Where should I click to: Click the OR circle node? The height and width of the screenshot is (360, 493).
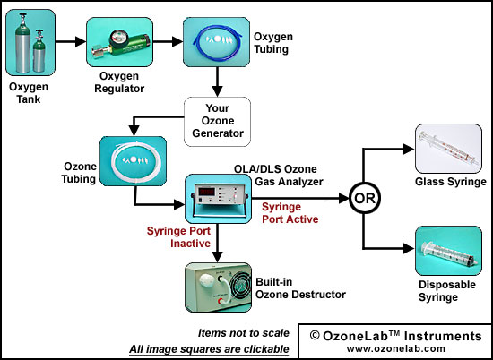coord(365,199)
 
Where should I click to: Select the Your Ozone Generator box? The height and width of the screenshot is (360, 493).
coord(217,122)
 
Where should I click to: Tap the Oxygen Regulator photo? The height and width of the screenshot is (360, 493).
coord(120,42)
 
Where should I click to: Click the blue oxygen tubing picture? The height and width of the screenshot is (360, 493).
coord(217,42)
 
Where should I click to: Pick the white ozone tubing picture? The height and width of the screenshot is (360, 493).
coord(133,161)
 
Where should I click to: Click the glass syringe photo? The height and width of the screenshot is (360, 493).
coord(449,149)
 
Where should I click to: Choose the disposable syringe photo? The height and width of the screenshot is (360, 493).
coord(449,251)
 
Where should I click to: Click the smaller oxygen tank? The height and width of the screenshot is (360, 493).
coord(39,51)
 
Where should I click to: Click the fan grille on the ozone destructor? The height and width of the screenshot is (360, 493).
coord(241,287)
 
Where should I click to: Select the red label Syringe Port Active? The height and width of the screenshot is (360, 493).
coord(290,213)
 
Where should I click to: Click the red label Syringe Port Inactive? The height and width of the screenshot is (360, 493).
coord(178,237)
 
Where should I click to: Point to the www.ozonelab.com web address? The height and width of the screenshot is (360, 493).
coord(396,348)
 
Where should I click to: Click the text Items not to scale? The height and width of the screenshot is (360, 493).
coord(244,333)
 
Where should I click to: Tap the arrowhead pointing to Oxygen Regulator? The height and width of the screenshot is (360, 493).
coord(81,41)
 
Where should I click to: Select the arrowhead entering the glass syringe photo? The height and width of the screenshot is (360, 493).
coord(409,149)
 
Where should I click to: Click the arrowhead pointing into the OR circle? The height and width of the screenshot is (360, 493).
coord(343,199)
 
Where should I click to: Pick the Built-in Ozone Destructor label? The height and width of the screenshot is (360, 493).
coord(300,288)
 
